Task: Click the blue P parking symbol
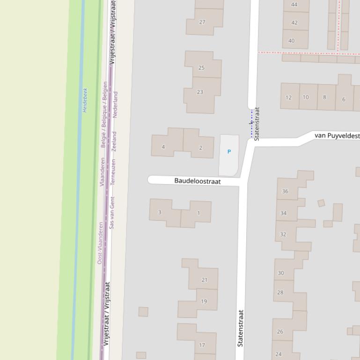[229, 151]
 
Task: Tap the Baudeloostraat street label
[197, 180]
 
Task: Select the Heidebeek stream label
[85, 100]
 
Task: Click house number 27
[202, 22]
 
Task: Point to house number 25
[201, 68]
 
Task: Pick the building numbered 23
[200, 92]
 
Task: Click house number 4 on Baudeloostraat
[163, 147]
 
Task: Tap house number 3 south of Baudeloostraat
[160, 212]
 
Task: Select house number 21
[204, 280]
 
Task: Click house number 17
[202, 345]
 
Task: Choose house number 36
[285, 191]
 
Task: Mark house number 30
[280, 273]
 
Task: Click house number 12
[288, 98]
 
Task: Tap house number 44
[294, 5]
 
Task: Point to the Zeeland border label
[115, 141]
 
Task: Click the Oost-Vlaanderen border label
[100, 243]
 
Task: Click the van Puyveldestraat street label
[337, 136]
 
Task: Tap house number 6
[344, 99]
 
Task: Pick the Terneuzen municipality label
[113, 173]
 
